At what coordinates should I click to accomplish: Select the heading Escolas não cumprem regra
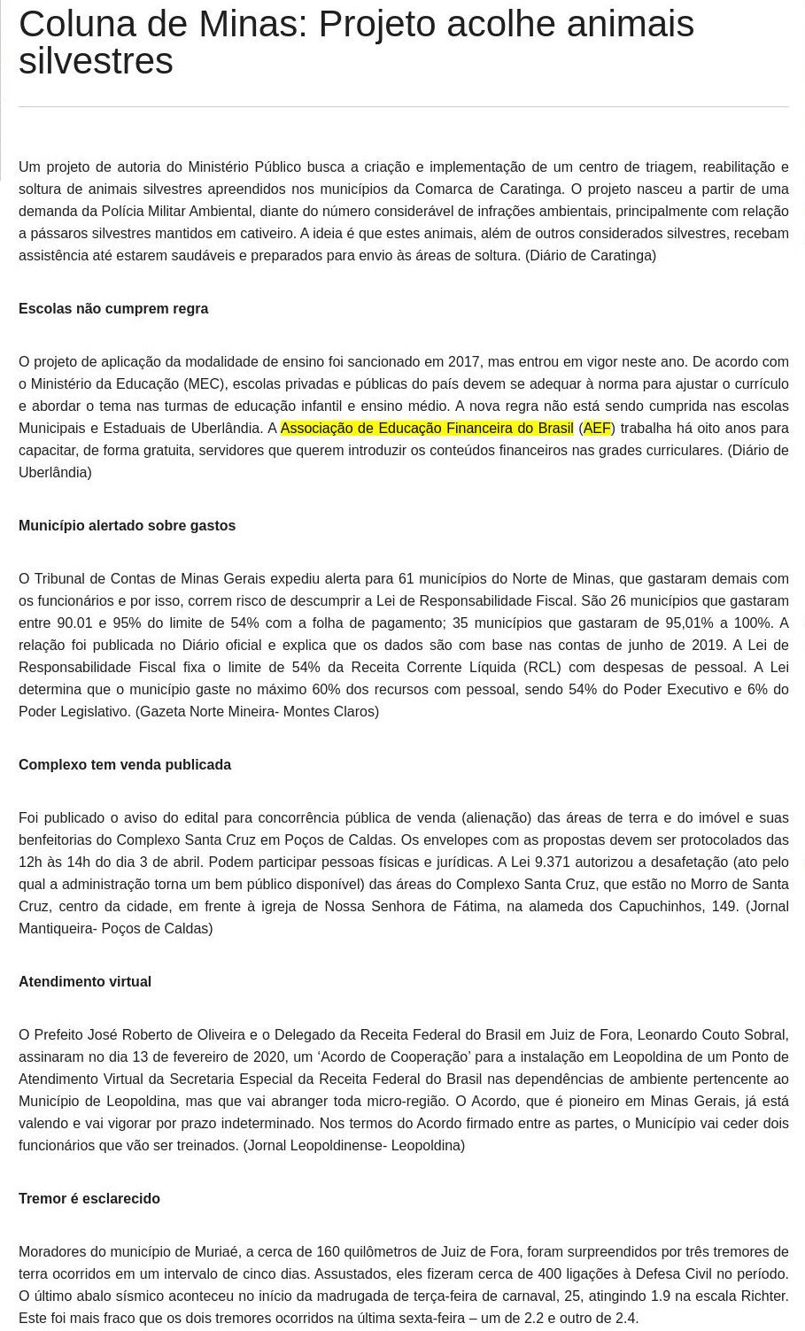tap(113, 309)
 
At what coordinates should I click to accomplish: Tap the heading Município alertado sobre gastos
tap(127, 526)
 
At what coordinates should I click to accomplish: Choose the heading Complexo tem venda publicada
tap(125, 765)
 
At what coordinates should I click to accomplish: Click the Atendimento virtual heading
tap(85, 982)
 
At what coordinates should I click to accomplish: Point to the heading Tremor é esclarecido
tap(89, 1199)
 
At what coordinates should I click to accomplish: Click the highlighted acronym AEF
tap(597, 429)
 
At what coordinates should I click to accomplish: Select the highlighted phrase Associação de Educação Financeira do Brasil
tap(427, 429)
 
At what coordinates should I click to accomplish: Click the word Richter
tap(762, 1296)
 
